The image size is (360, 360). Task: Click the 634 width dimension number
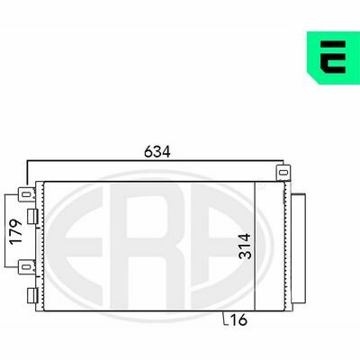(x=157, y=152)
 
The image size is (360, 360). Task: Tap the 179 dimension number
(x=16, y=232)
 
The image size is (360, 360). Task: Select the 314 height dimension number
(x=245, y=246)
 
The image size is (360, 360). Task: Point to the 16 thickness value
(x=238, y=319)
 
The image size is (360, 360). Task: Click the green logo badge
(x=333, y=58)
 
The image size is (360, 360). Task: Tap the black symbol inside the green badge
(x=333, y=57)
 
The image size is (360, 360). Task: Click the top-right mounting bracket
(x=283, y=173)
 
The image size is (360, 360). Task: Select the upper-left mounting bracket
(x=27, y=194)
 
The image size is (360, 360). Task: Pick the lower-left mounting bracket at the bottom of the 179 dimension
(x=27, y=266)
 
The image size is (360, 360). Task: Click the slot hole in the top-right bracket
(x=283, y=173)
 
